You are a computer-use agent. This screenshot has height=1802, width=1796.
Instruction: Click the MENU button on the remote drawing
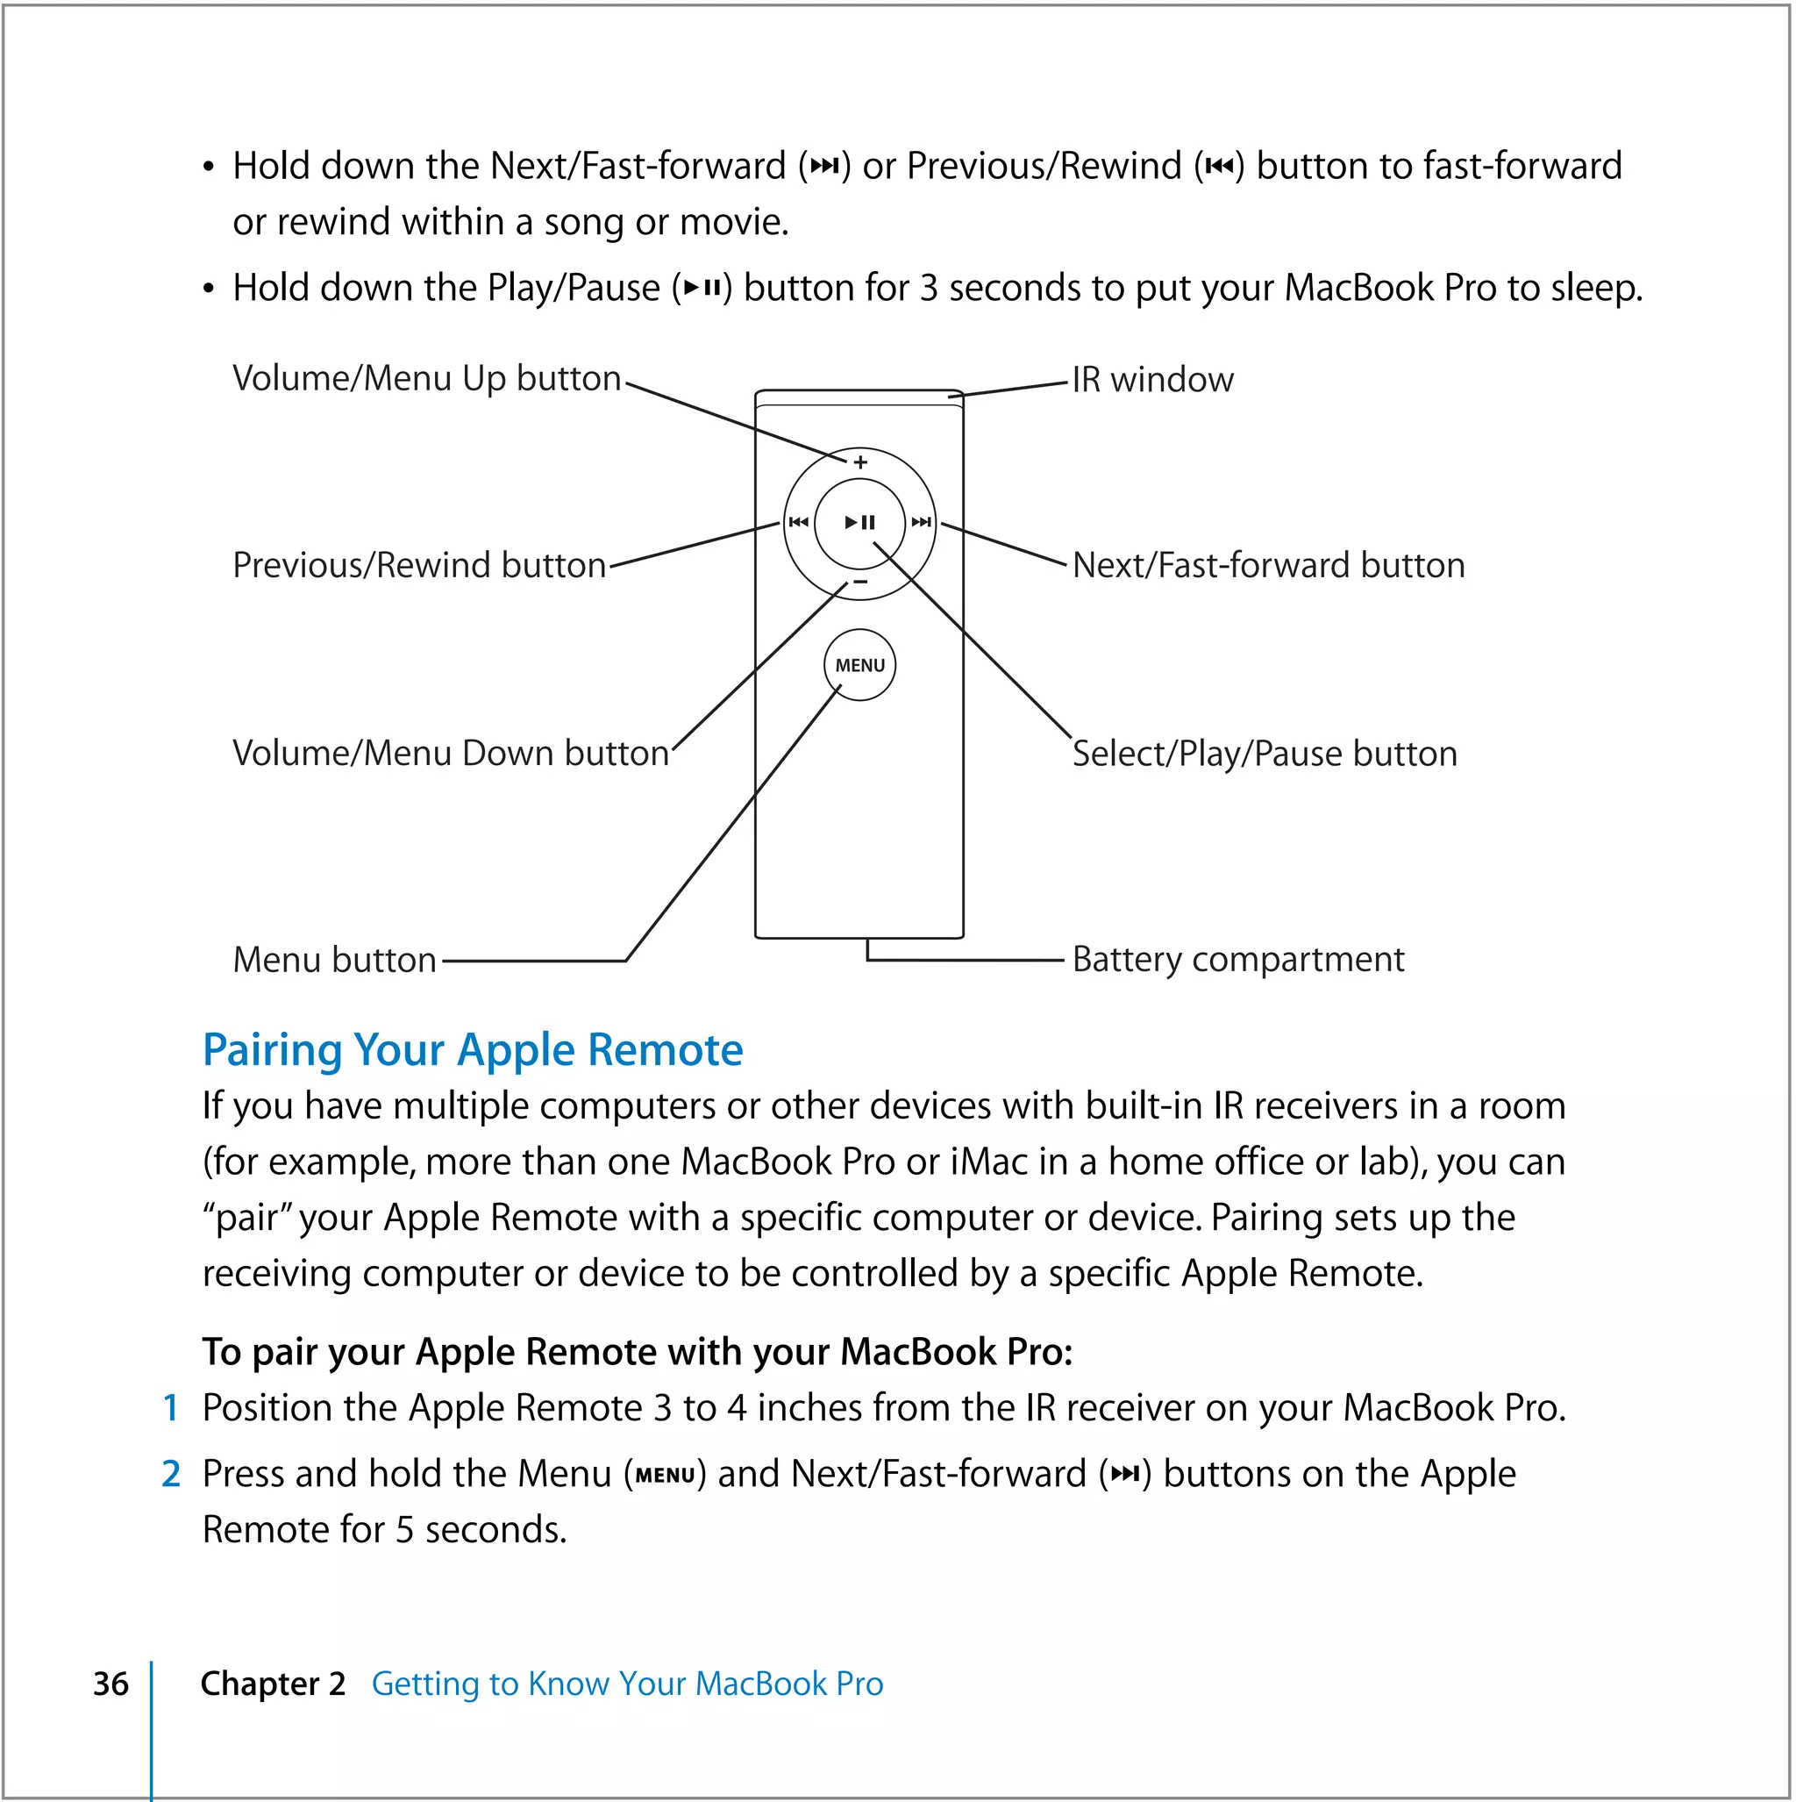pyautogui.click(x=859, y=665)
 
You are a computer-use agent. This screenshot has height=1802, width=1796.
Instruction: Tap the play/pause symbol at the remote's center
pyautogui.click(x=859, y=522)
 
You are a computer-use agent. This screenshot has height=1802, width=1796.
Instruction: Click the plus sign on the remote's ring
pyautogui.click(x=859, y=461)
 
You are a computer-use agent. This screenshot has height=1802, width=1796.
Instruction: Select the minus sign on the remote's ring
pyautogui.click(x=859, y=582)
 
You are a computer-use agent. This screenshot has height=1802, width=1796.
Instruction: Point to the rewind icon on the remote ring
pyautogui.click(x=798, y=522)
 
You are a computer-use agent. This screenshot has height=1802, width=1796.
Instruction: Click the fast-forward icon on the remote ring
pyautogui.click(x=922, y=522)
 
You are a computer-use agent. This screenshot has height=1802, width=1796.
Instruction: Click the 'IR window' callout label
pyautogui.click(x=1152, y=380)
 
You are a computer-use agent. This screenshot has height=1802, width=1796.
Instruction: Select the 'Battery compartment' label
pyautogui.click(x=1237, y=959)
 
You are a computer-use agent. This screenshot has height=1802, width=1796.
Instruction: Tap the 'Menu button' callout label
pyautogui.click(x=335, y=960)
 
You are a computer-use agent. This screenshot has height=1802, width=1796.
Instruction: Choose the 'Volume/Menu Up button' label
pyautogui.click(x=426, y=379)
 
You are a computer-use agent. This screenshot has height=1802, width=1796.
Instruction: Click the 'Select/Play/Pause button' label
pyautogui.click(x=1265, y=754)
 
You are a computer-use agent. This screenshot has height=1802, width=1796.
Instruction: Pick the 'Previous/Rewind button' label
pyautogui.click(x=418, y=565)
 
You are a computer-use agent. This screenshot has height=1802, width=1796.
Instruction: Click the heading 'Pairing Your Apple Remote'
pyautogui.click(x=473, y=1050)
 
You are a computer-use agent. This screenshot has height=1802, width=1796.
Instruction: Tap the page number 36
pyautogui.click(x=111, y=1684)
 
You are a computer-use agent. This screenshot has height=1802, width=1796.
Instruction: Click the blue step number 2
pyautogui.click(x=171, y=1475)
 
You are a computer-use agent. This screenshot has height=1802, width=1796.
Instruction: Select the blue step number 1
pyautogui.click(x=171, y=1408)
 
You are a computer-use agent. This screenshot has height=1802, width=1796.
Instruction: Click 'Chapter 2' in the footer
pyautogui.click(x=272, y=1684)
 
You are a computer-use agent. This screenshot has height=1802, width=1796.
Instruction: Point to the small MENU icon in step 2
pyautogui.click(x=665, y=1476)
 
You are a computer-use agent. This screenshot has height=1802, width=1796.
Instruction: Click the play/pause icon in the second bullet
pyautogui.click(x=702, y=289)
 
